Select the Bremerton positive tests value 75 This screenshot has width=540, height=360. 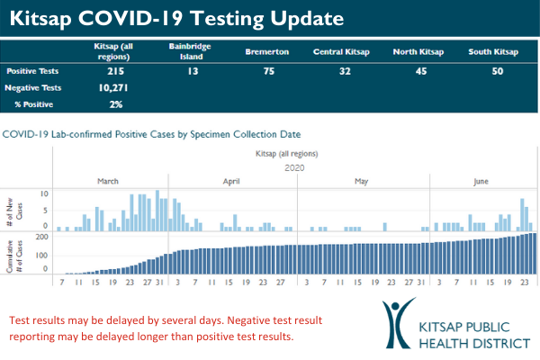[x=266, y=70]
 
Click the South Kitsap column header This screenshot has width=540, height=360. [x=493, y=52]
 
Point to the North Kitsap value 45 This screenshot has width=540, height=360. [x=418, y=70]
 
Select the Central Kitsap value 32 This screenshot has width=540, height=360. [x=343, y=70]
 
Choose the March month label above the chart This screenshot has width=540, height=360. [x=108, y=182]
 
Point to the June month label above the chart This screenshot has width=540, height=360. [x=481, y=182]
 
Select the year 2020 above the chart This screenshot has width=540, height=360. [x=295, y=167]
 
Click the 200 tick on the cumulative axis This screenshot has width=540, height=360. [x=40, y=237]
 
